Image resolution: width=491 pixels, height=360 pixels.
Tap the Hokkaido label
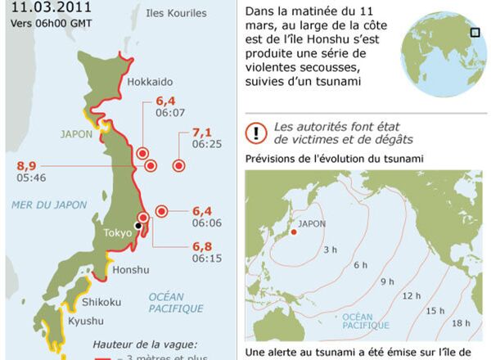[150, 82]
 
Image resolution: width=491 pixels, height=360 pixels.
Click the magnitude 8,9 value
[26, 166]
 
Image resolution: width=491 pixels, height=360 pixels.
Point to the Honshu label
[131, 270]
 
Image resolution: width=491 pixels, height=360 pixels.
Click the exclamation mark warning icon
[259, 133]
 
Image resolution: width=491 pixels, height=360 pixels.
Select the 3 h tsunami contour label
[330, 249]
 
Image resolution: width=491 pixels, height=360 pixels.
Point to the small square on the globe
[474, 33]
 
